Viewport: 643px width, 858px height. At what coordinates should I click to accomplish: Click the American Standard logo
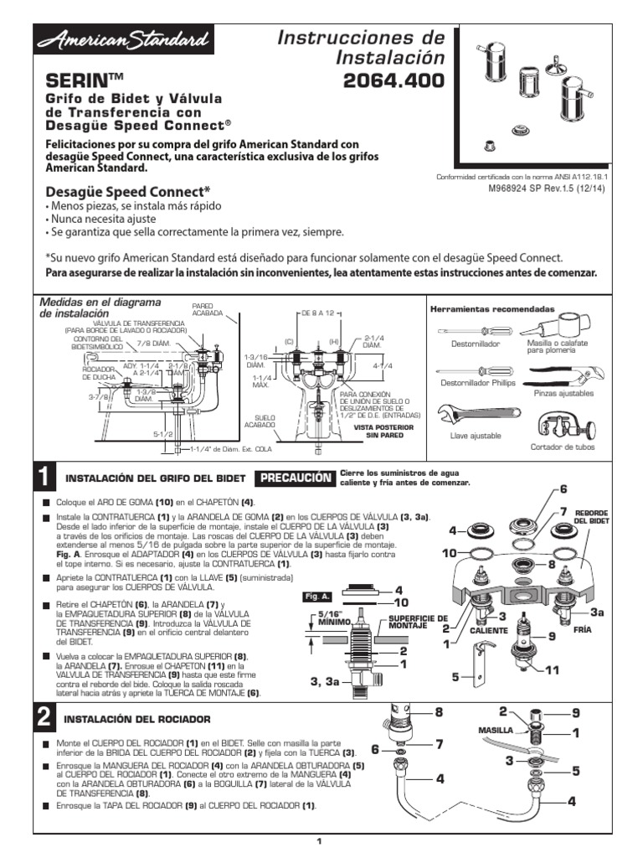tap(122, 40)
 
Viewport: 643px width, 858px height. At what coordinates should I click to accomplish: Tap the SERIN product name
tap(84, 80)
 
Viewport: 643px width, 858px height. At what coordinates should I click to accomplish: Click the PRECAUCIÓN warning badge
tap(294, 478)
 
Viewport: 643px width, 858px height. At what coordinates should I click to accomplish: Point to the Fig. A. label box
tap(318, 596)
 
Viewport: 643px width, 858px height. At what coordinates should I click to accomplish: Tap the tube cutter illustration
tap(558, 424)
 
